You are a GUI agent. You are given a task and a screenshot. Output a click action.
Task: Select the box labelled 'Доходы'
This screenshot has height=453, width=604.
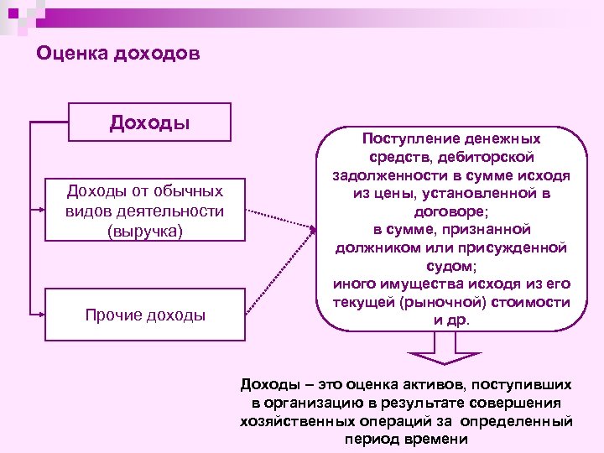tap(149, 122)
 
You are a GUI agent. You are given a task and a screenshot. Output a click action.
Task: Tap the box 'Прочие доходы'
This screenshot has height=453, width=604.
tap(145, 315)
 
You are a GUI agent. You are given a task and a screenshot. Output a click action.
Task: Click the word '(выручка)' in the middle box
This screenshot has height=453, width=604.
tap(145, 229)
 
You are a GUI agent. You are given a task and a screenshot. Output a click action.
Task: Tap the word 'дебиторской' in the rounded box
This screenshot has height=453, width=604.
tap(490, 157)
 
